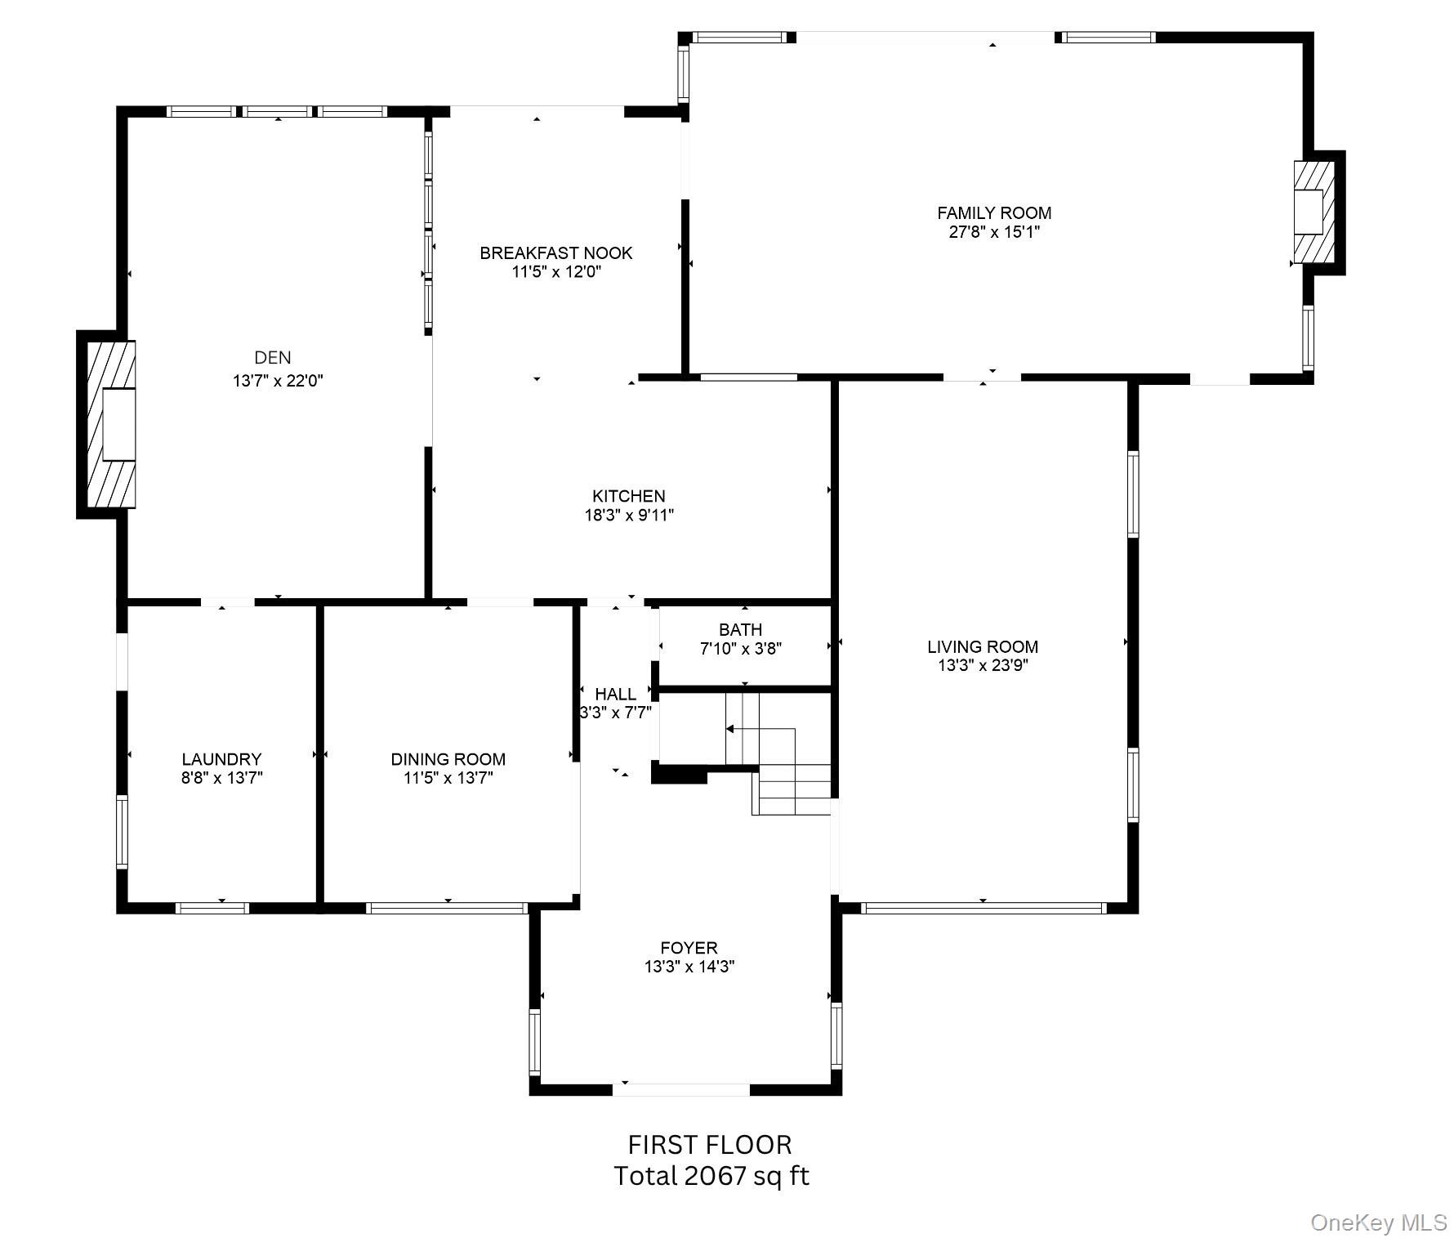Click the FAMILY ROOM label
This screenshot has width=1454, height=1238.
tap(994, 213)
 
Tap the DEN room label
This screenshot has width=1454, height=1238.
tap(273, 357)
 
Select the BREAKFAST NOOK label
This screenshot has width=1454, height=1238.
tap(556, 253)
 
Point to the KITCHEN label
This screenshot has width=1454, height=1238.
tap(628, 496)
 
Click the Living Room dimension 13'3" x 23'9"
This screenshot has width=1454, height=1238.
tap(983, 665)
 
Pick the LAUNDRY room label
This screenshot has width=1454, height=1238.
tap(221, 759)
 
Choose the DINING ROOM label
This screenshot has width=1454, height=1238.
tap(448, 759)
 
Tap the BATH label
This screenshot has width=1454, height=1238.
tap(741, 630)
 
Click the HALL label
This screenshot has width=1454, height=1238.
tap(615, 695)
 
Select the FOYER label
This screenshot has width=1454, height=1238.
tap(689, 948)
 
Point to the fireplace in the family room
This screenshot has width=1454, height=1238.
tap(1314, 212)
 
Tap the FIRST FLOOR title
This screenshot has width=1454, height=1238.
tap(710, 1144)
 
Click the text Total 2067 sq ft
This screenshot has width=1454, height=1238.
tap(711, 1176)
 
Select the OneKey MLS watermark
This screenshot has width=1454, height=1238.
tap(1379, 1222)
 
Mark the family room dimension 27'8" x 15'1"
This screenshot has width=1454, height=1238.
tap(994, 232)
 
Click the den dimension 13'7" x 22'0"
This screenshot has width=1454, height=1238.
tap(278, 381)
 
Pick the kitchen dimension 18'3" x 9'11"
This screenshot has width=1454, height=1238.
tap(628, 516)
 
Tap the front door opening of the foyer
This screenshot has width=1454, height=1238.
tap(681, 1089)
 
